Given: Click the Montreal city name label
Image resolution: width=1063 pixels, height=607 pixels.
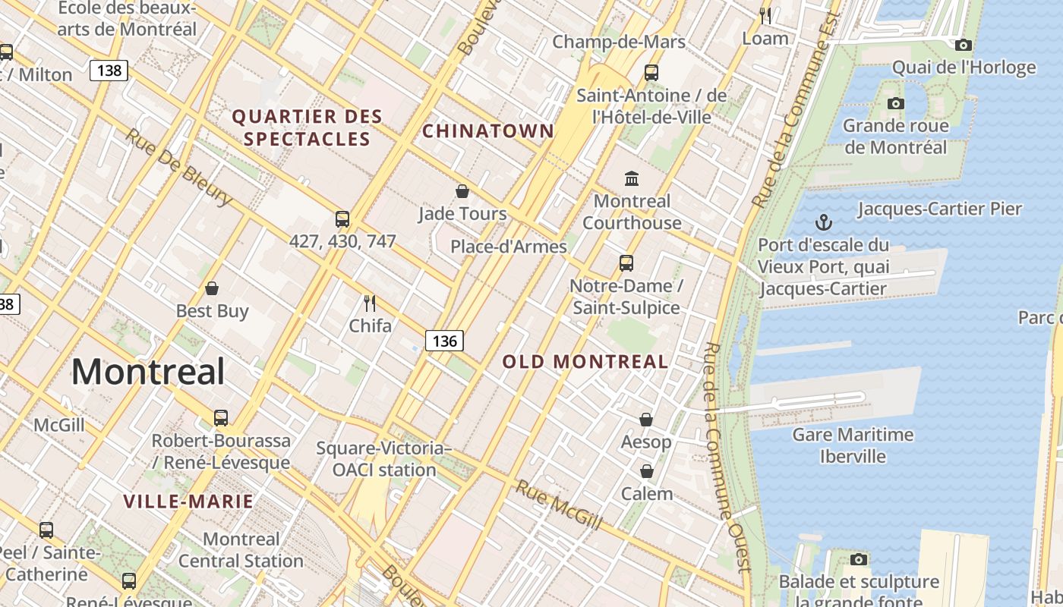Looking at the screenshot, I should point(148,372).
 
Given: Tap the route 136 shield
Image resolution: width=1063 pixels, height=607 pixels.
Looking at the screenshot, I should point(444,341).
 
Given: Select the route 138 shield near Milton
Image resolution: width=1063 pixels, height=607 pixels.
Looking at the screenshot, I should point(109,71).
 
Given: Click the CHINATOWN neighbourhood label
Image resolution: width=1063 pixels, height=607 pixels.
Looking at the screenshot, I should point(488,131).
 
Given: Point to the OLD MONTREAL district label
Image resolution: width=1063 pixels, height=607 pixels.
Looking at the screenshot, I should point(585,362).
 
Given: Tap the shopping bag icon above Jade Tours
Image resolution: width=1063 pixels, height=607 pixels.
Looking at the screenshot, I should point(462,191).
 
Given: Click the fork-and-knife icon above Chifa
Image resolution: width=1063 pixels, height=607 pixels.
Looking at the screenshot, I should point(370,303).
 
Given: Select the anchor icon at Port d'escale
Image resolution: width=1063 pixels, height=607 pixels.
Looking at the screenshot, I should point(824,222).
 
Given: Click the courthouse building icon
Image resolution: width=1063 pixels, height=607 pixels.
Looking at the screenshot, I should point(631,178).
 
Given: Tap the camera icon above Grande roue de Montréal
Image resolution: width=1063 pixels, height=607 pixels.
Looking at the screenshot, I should point(895,103).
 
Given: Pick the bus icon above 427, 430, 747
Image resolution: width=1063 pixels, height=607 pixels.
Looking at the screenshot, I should point(342,219).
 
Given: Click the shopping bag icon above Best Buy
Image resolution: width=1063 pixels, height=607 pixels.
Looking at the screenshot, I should point(212,288).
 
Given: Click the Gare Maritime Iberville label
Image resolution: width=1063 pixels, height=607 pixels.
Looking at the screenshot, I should point(853,445).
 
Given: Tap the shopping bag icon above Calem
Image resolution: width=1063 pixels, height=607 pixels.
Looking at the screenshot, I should point(646,471).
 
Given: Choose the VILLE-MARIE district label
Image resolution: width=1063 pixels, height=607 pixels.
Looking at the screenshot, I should point(188,501).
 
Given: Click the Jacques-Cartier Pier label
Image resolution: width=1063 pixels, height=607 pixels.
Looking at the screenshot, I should point(939,209).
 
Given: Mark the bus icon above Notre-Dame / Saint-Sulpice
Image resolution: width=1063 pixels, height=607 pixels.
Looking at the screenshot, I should point(626,263).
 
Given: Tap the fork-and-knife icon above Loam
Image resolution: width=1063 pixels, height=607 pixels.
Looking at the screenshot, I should point(765,15).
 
